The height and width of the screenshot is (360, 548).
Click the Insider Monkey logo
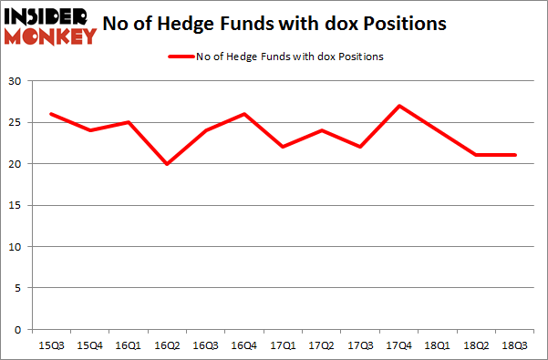click(50, 26)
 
